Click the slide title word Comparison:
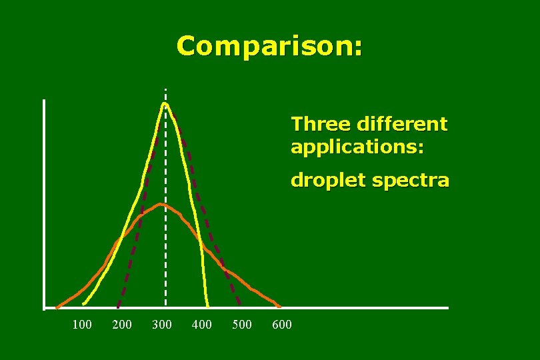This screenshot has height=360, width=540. (x=270, y=47)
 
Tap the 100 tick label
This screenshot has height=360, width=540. (x=82, y=325)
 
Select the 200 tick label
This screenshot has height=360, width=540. (x=122, y=325)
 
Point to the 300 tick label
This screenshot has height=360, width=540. (x=162, y=325)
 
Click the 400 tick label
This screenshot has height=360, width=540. (x=201, y=325)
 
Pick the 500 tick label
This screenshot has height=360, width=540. (x=241, y=325)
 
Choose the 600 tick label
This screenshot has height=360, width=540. (x=282, y=325)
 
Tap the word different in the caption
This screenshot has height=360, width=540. (x=403, y=124)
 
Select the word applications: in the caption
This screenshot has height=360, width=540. (x=357, y=147)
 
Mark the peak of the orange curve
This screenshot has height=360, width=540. (x=161, y=204)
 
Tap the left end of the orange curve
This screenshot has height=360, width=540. (x=57, y=307)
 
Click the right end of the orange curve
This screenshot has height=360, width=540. (x=279, y=307)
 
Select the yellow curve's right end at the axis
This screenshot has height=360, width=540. (x=208, y=307)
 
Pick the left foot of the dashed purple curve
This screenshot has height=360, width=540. (x=118, y=307)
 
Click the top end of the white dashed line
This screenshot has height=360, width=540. (x=165, y=89)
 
